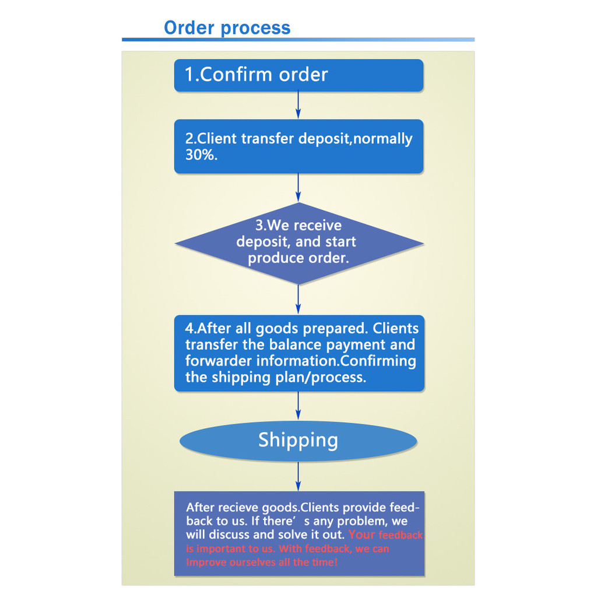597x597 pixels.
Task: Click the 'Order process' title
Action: pyautogui.click(x=227, y=27)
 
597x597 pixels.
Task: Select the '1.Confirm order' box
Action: pyautogui.click(x=298, y=75)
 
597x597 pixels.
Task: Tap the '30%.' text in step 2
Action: pyautogui.click(x=202, y=155)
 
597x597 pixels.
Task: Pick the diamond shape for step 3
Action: pyautogui.click(x=298, y=243)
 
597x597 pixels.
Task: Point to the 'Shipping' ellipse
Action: pyautogui.click(x=298, y=441)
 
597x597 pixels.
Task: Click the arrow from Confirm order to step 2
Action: pyautogui.click(x=298, y=105)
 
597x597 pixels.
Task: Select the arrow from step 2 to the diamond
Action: pyautogui.click(x=298, y=188)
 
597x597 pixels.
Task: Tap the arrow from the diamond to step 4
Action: pyautogui.click(x=298, y=300)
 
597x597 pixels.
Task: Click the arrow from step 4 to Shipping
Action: pyautogui.click(x=298, y=406)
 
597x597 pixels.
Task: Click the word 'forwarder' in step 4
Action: pyautogui.click(x=219, y=361)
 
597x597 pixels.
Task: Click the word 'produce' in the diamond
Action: pyautogui.click(x=272, y=258)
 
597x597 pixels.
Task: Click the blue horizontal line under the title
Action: pyautogui.click(x=298, y=40)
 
